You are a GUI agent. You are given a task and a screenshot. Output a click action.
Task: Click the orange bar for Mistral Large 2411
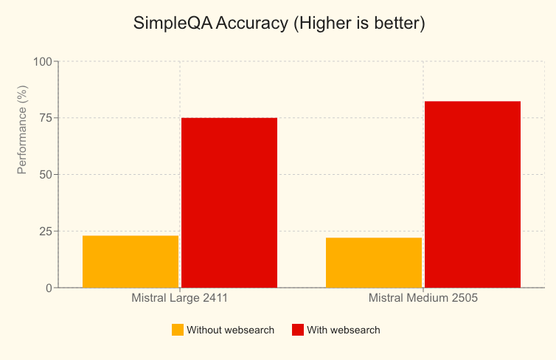point(131,261)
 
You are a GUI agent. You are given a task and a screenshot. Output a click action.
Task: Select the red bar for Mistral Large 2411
point(229,202)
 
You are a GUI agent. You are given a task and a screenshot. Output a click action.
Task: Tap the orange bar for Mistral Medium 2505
point(374,262)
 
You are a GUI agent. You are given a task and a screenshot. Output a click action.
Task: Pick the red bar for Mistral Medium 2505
point(473,194)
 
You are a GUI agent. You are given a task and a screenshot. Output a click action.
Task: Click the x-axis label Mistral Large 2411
point(179,300)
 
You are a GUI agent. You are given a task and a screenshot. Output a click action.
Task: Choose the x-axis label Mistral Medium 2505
point(423,300)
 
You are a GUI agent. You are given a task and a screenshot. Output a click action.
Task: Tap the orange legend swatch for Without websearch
point(178,330)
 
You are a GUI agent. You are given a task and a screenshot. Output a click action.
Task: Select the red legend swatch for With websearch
point(298,330)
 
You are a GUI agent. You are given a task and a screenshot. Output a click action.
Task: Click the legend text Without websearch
point(230,330)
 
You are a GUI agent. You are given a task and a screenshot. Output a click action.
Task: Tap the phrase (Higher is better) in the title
point(359,23)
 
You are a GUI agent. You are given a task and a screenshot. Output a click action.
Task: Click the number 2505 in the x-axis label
point(462,300)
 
